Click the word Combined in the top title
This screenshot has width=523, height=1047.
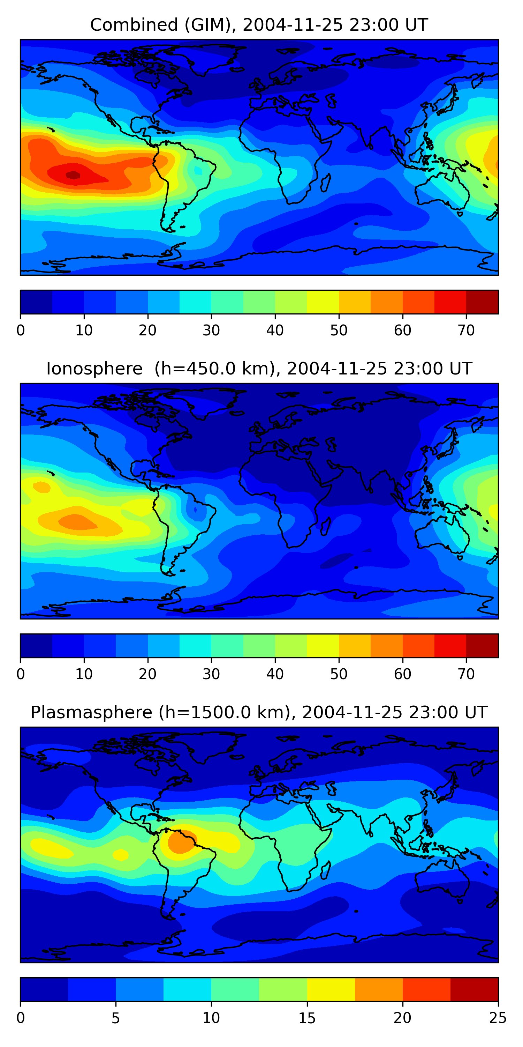click(134, 25)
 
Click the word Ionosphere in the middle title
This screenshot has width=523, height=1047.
click(94, 369)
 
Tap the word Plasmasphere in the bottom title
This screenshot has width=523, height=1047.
click(91, 713)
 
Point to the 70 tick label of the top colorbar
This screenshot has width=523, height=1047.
click(466, 331)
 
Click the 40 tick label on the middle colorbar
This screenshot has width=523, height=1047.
click(275, 674)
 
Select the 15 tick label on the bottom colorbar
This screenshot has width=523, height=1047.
click(307, 1018)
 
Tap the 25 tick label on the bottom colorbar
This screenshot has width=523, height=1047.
click(498, 1018)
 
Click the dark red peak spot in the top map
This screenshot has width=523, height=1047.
click(74, 175)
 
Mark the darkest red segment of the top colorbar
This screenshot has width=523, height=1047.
click(482, 302)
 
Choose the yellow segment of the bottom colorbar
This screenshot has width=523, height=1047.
click(331, 990)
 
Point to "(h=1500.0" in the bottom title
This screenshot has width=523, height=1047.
click(198, 713)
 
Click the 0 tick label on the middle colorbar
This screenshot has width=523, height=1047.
click(21, 674)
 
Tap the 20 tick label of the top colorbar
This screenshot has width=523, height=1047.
click(147, 331)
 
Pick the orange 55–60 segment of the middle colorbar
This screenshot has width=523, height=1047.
click(387, 646)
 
